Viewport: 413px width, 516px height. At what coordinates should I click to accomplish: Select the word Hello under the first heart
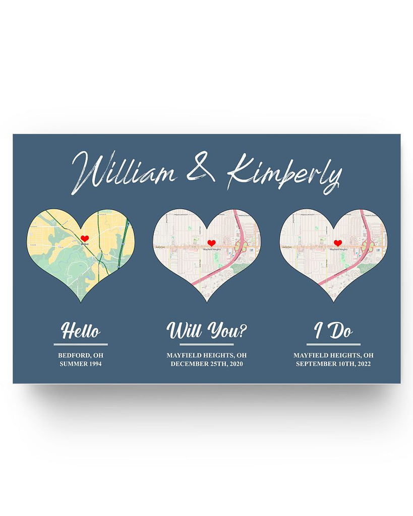[81, 332]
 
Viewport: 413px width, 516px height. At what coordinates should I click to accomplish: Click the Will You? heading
[207, 331]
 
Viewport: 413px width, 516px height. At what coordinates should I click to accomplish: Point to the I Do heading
[333, 331]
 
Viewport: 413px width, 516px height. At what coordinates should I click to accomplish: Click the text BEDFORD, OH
[81, 355]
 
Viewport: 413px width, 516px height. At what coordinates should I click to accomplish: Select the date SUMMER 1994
[81, 363]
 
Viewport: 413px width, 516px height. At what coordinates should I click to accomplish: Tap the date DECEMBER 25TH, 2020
[207, 363]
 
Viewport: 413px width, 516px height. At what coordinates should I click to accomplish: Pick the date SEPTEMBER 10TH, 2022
[333, 363]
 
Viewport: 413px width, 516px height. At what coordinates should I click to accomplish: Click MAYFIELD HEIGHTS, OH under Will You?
[207, 355]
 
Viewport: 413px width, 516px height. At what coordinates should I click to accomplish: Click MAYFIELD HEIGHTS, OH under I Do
[333, 355]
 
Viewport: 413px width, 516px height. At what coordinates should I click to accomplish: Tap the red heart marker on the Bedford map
[85, 238]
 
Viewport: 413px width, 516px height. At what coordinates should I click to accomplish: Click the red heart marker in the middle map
[211, 243]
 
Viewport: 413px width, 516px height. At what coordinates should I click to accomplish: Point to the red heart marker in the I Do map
[338, 243]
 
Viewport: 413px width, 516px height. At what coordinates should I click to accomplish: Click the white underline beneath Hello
[81, 345]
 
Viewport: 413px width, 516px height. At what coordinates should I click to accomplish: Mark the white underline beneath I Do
[333, 345]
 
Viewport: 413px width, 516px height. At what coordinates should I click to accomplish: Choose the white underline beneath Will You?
[207, 345]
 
